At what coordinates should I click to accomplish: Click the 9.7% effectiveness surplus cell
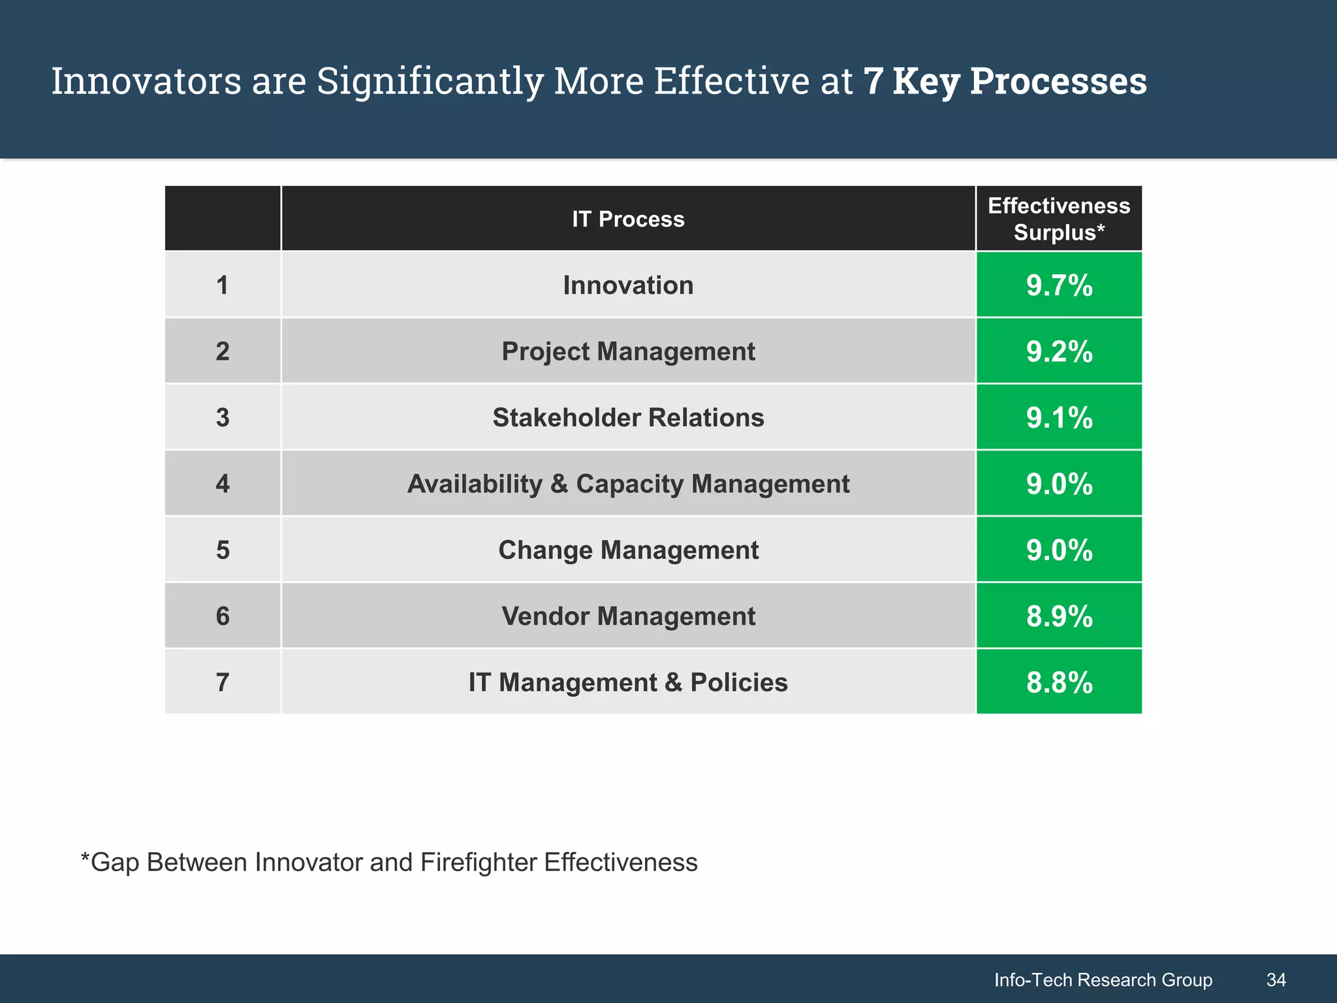(x=1059, y=285)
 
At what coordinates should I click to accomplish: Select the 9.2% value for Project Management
(x=1059, y=351)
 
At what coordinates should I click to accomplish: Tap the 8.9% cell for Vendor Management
(x=1059, y=616)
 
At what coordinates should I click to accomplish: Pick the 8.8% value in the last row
(x=1059, y=682)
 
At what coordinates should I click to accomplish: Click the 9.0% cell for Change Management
(x=1059, y=550)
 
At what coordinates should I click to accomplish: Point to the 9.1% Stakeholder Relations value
(x=1059, y=417)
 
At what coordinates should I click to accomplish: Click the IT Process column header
(x=628, y=219)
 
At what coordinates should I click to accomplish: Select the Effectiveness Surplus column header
(x=1059, y=219)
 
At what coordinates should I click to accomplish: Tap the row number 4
(x=223, y=484)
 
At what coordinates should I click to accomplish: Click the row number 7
(x=223, y=682)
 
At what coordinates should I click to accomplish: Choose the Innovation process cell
(x=628, y=285)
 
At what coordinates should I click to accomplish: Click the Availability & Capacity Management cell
(x=628, y=484)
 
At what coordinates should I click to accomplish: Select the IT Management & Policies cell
(x=628, y=682)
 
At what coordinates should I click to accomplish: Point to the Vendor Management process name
(x=628, y=616)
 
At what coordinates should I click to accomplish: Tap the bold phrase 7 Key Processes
(x=1005, y=81)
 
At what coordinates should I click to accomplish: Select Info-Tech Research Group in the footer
(x=1103, y=979)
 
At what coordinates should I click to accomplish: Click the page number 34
(x=1276, y=979)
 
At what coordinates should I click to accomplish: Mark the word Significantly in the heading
(x=430, y=81)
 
